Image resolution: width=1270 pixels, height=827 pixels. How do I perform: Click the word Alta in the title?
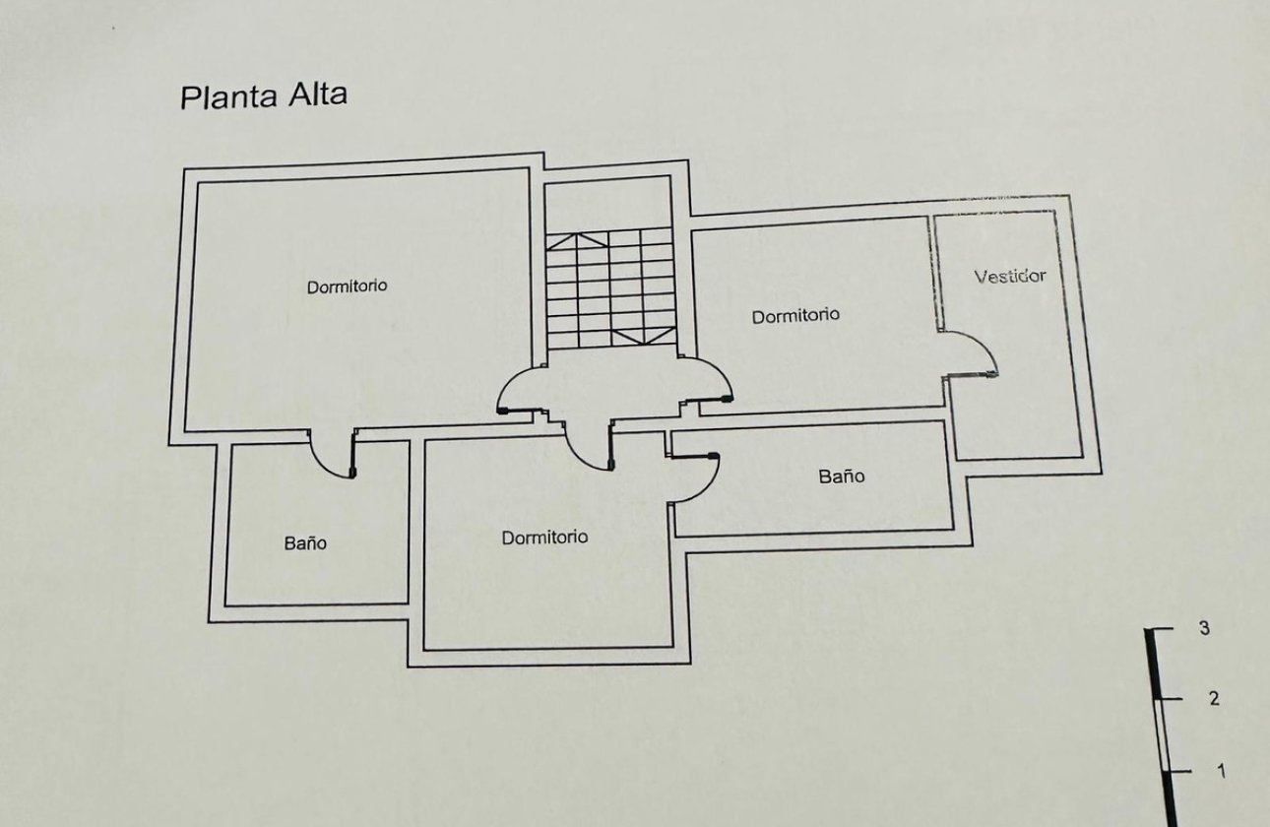point(317,95)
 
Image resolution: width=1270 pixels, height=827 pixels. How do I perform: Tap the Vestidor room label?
point(1009,276)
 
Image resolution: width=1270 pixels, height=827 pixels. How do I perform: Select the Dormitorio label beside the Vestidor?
point(795,316)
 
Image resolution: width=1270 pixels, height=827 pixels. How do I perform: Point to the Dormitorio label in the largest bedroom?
point(347,286)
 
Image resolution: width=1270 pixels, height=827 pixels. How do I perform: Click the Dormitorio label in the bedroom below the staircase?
point(544,538)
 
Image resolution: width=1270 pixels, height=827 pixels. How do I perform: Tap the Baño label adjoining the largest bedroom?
point(305,542)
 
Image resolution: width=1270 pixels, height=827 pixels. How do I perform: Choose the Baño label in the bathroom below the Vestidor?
point(841,477)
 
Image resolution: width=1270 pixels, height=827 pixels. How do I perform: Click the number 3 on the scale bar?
point(1204,628)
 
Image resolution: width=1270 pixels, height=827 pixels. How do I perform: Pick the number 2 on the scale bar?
point(1213,698)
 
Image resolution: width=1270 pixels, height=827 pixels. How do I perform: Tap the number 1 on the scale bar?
point(1221,771)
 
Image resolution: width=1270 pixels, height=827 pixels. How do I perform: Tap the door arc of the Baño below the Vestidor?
point(696,479)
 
